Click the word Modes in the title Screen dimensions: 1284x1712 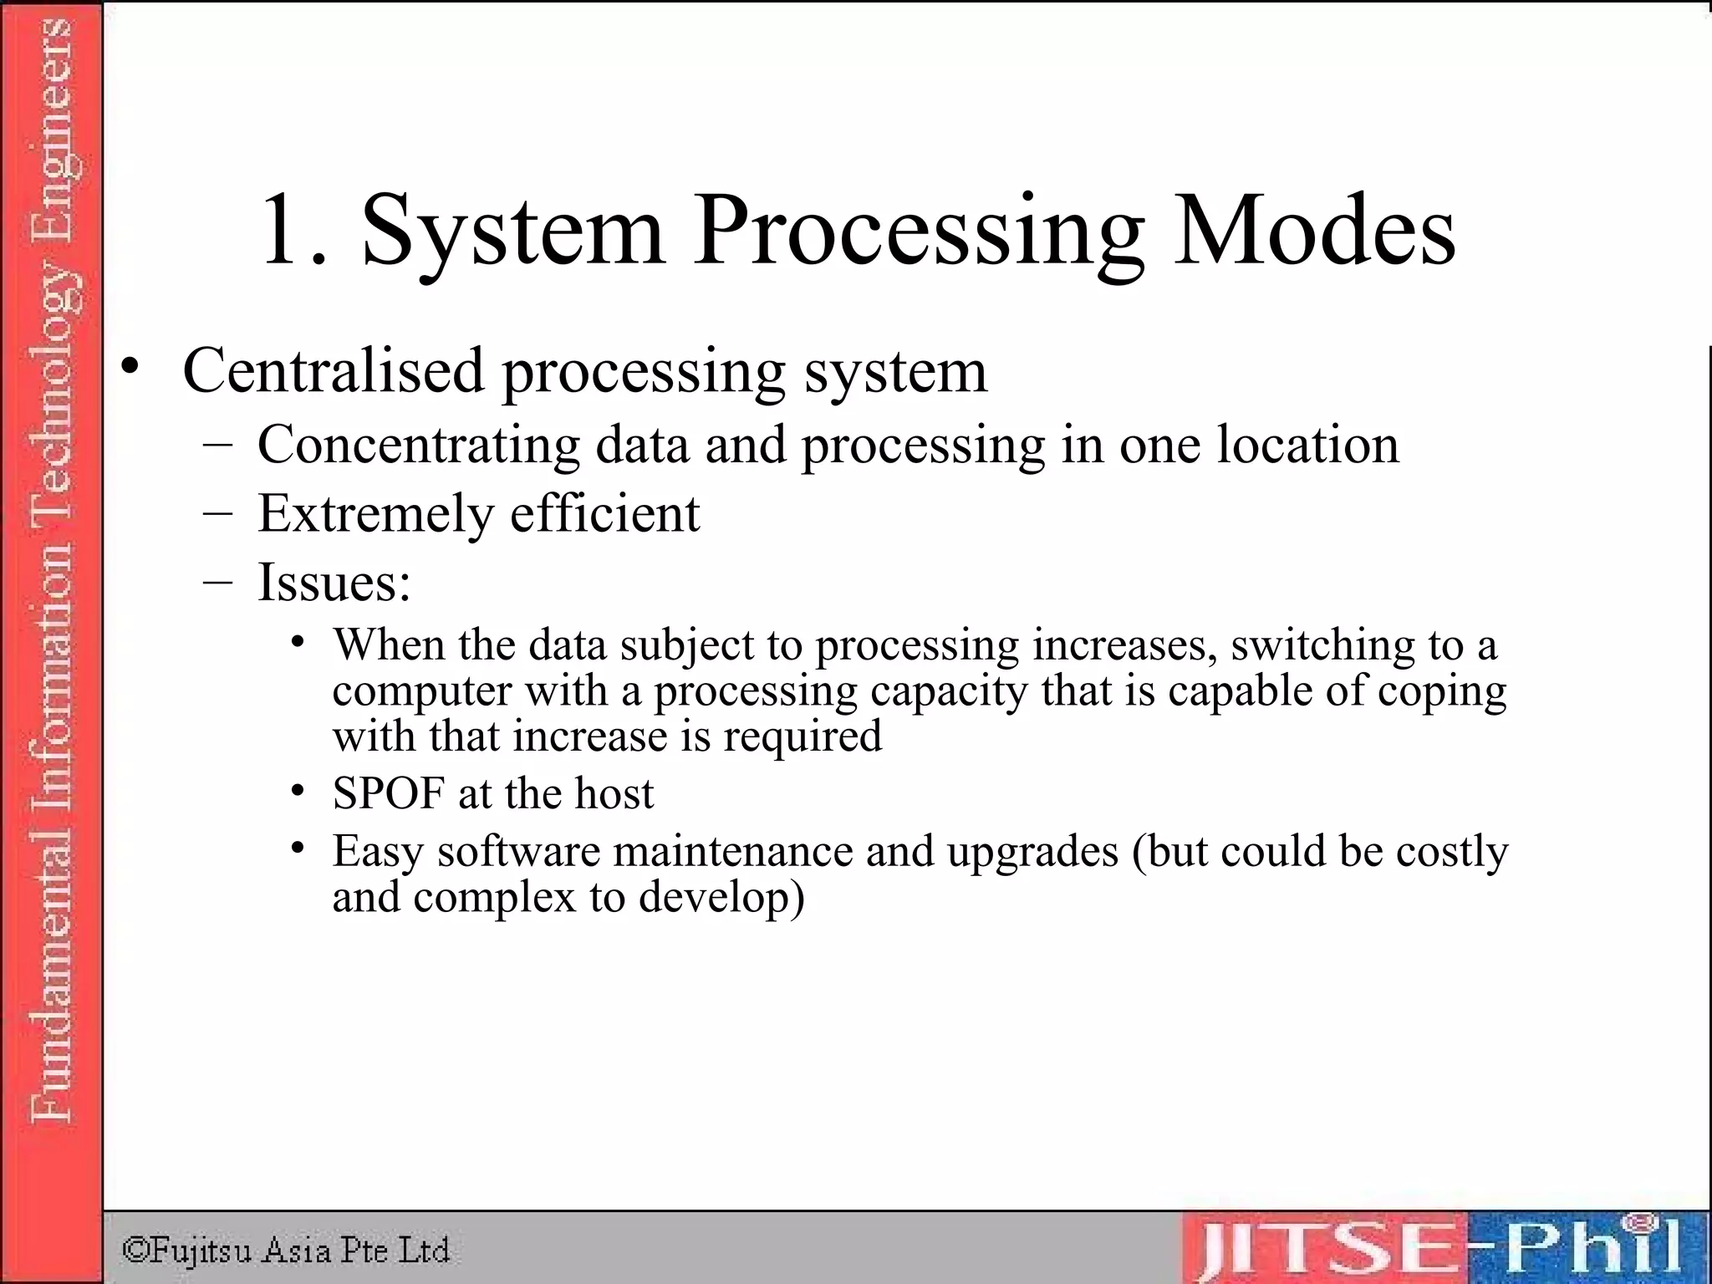(x=1315, y=232)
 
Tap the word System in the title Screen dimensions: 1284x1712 (x=512, y=232)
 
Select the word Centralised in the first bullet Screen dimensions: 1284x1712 (x=334, y=370)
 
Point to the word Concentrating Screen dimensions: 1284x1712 (x=418, y=445)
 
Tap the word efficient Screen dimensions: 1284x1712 (x=604, y=513)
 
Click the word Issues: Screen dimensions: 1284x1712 (x=334, y=582)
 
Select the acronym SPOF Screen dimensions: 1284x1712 (x=388, y=793)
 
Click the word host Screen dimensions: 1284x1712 (x=614, y=793)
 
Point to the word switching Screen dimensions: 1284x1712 (x=1322, y=645)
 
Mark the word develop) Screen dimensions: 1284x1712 (x=721, y=898)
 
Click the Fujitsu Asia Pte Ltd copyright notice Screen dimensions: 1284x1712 (x=286, y=1251)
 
